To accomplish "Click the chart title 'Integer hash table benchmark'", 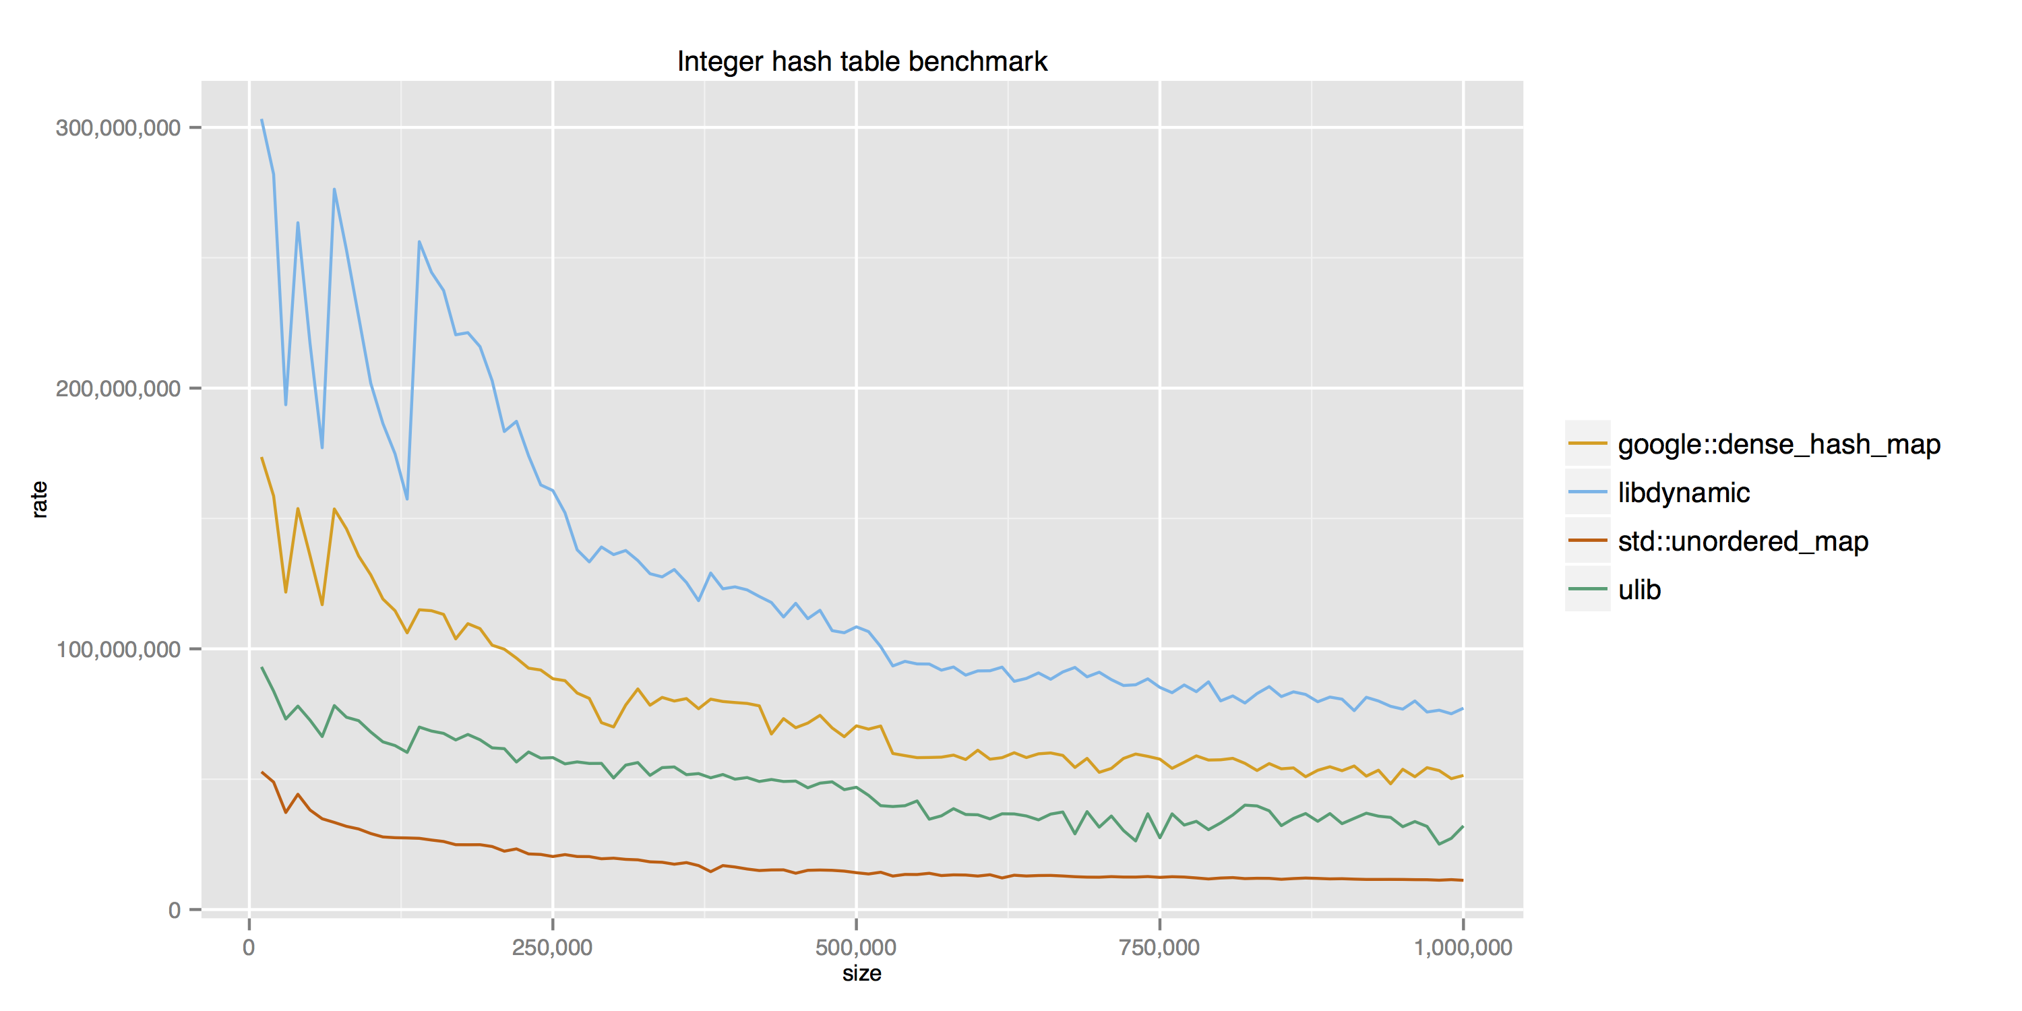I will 861,61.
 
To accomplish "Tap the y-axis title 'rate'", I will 39,499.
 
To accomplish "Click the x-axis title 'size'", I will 861,973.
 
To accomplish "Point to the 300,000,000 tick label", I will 118,127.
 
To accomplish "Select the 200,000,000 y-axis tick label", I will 118,388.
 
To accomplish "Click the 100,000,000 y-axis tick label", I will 118,649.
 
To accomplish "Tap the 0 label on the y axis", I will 175,910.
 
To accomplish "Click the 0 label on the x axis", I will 249,948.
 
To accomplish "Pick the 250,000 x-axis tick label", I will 552,948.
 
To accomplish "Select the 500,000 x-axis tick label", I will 855,948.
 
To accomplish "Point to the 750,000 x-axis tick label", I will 1159,948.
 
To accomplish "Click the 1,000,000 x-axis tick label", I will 1463,948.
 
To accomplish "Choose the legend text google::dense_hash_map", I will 1779,444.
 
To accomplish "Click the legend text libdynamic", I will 1684,493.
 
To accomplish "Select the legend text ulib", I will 1639,590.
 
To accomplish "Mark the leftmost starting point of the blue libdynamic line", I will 262,120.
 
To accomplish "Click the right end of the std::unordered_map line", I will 1463,880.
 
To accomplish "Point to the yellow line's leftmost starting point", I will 262,458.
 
